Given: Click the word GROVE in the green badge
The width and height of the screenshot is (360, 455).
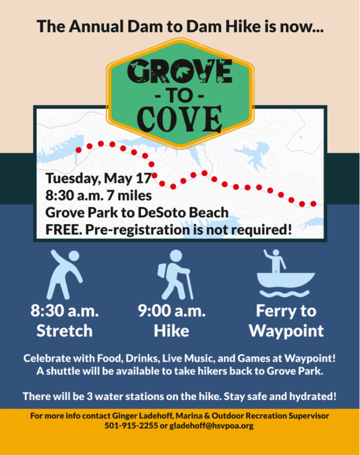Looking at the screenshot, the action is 180,71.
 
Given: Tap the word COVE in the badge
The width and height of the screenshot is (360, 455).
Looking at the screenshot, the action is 180,119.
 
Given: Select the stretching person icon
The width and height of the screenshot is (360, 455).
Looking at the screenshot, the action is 64,275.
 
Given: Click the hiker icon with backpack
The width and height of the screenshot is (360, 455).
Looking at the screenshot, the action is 175,275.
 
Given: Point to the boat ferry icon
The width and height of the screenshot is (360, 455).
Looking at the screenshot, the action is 286,273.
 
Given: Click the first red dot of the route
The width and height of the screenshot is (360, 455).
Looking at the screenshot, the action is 78,150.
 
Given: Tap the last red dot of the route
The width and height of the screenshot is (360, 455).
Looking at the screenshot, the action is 313,204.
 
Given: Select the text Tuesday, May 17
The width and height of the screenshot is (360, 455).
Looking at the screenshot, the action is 98,178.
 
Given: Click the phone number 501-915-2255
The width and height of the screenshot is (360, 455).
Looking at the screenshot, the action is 131,426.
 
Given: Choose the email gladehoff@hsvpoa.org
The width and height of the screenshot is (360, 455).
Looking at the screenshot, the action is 211,426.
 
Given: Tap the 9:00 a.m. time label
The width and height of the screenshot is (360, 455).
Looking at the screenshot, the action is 172,311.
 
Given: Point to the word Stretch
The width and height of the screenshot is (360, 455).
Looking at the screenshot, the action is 64,331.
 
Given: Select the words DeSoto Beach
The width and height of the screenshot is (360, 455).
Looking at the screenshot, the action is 183,213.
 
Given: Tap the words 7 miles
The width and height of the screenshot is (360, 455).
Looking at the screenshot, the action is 129,195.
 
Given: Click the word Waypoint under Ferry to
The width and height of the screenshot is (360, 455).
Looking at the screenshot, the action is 286,331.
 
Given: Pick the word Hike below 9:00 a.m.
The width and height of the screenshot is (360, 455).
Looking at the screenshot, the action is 172,331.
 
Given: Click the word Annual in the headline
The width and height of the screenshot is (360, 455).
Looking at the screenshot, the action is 96,26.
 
